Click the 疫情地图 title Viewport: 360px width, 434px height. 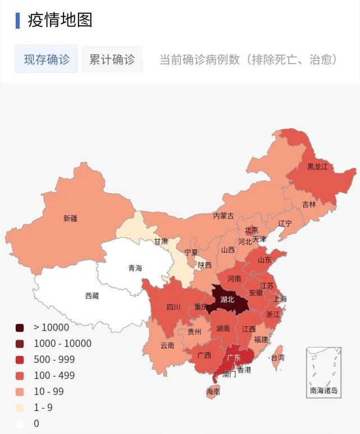[60, 20]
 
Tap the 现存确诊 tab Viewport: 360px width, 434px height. [46, 60]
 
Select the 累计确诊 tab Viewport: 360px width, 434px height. [112, 60]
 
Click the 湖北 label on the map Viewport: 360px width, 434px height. [227, 299]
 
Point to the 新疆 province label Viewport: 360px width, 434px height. [70, 218]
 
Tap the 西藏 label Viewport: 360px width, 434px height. [92, 295]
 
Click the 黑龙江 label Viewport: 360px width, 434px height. [317, 167]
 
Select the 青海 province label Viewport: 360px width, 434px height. [135, 268]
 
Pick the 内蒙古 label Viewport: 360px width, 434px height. [224, 216]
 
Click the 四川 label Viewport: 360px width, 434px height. [174, 307]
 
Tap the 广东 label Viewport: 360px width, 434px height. [234, 357]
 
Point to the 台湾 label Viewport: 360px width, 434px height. [277, 357]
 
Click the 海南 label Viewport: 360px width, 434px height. [213, 391]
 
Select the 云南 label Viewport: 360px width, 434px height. [167, 345]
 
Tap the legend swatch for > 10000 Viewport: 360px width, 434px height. [20, 328]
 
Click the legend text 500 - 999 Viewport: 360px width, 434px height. [54, 359]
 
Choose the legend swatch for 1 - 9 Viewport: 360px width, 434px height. [20, 408]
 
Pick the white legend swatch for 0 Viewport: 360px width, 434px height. [20, 424]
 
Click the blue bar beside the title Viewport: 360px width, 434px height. [17, 20]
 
